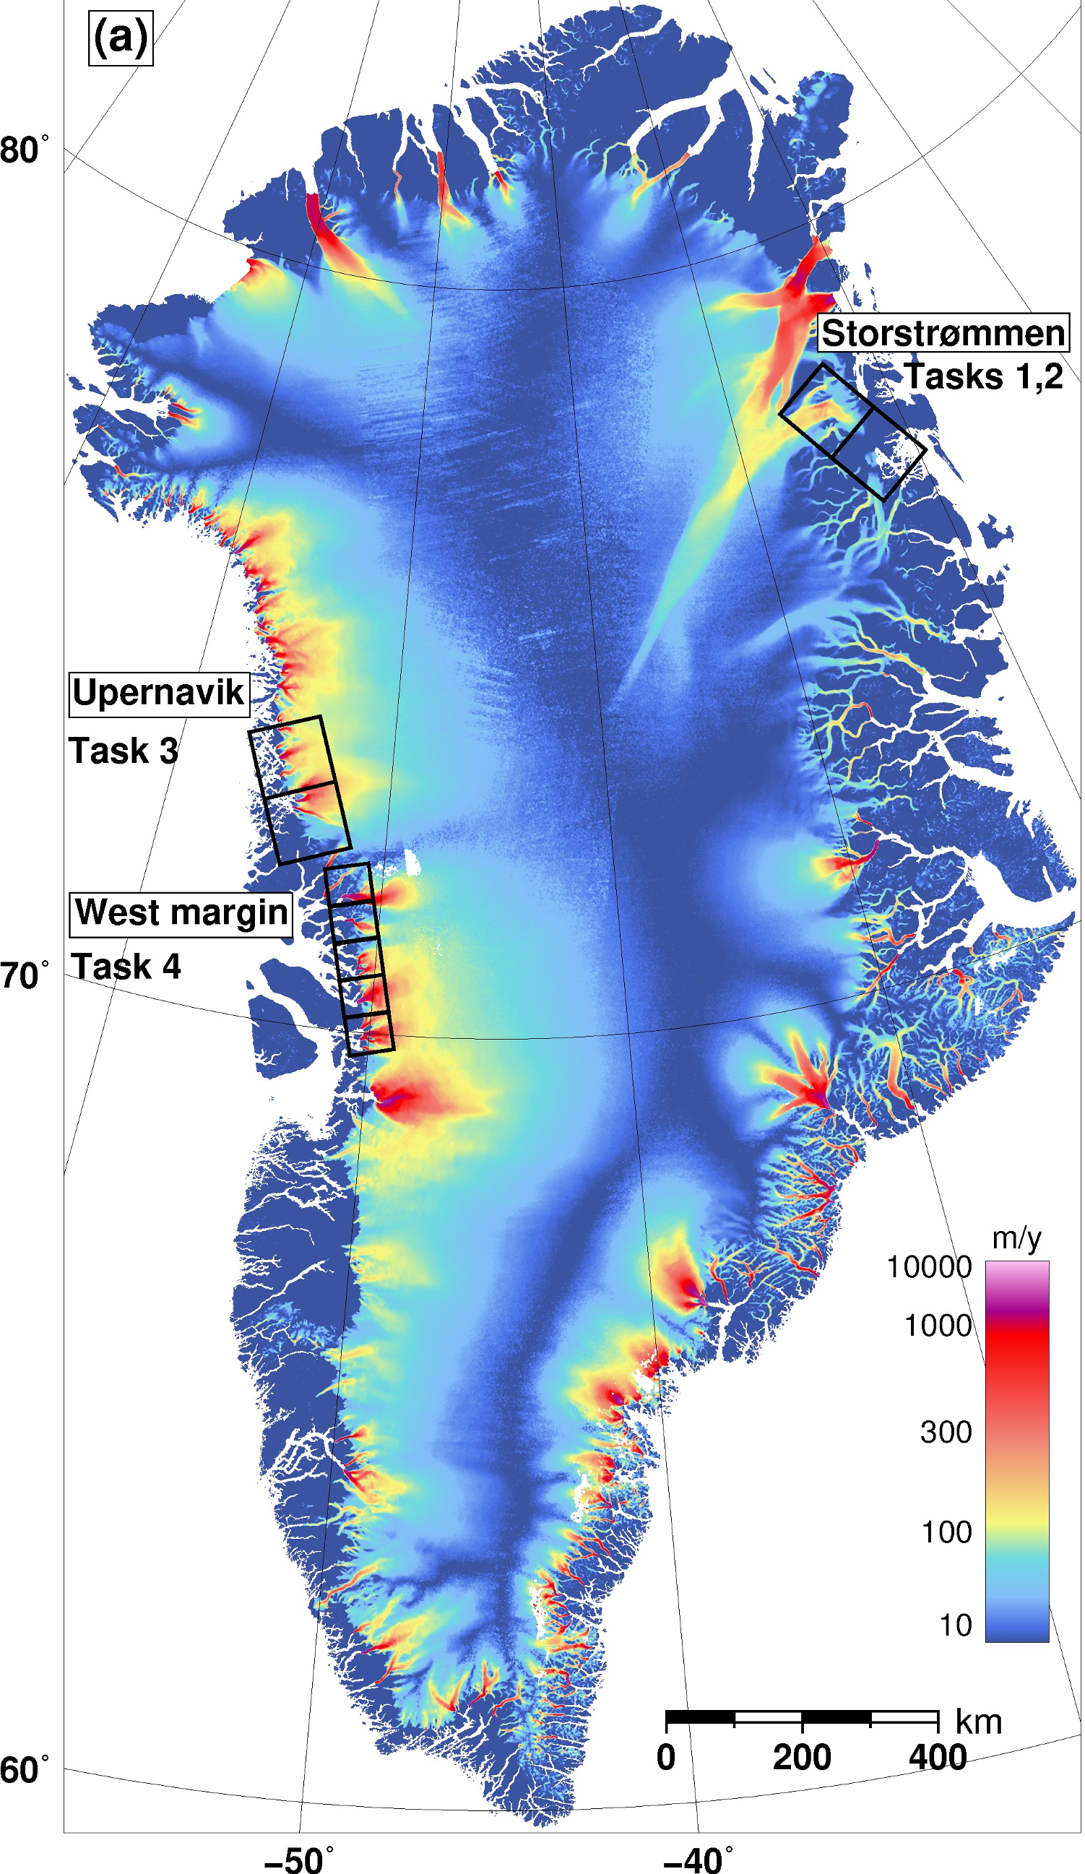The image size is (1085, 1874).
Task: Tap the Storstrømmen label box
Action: tap(943, 332)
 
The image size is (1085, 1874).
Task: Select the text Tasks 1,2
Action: tap(983, 376)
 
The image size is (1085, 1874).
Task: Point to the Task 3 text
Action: tap(124, 751)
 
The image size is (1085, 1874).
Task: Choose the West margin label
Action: tap(181, 913)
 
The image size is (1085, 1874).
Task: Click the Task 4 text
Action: tap(126, 967)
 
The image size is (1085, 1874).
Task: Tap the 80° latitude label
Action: tap(25, 150)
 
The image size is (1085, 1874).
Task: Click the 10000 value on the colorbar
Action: tap(930, 1267)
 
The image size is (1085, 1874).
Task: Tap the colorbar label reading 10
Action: tap(956, 1625)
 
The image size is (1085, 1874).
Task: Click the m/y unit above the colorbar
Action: tap(1016, 1239)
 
